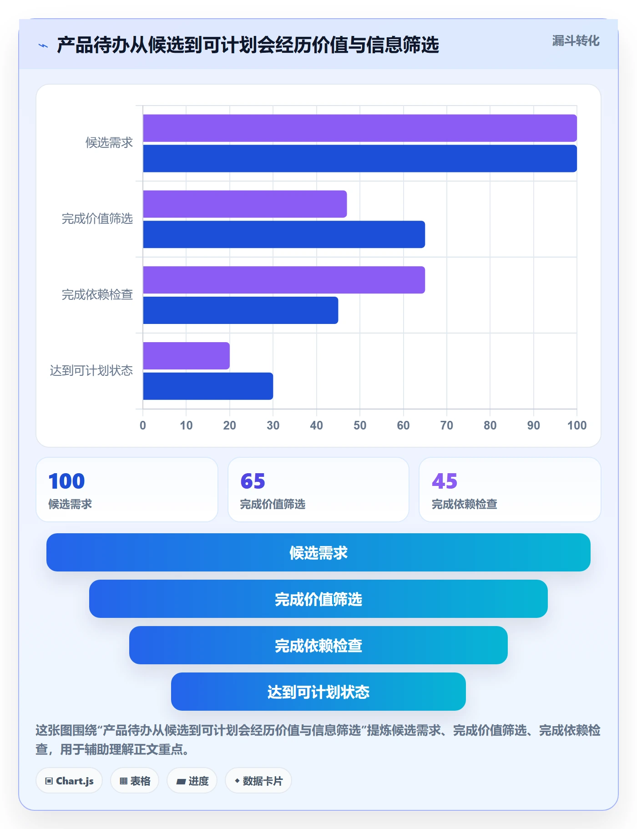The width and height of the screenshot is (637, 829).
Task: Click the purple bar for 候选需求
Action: pyautogui.click(x=360, y=128)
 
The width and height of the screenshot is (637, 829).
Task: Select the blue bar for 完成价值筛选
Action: pyautogui.click(x=284, y=234)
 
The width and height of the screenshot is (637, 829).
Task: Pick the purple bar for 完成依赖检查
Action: pyautogui.click(x=284, y=280)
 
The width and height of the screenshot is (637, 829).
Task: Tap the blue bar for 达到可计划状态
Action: pyautogui.click(x=208, y=386)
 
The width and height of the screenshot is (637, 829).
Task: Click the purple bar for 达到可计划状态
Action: pyautogui.click(x=186, y=356)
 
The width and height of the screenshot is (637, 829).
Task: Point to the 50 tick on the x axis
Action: pyautogui.click(x=360, y=425)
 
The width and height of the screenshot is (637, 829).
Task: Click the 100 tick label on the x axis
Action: pyautogui.click(x=577, y=425)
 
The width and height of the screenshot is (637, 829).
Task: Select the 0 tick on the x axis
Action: pyautogui.click(x=143, y=425)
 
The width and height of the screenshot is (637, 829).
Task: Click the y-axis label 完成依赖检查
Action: pyautogui.click(x=97, y=295)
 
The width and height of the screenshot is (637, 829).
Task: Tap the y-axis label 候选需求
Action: pyautogui.click(x=109, y=143)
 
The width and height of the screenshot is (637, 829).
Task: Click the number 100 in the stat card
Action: pyautogui.click(x=67, y=481)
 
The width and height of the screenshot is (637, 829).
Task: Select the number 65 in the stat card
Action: pyautogui.click(x=253, y=481)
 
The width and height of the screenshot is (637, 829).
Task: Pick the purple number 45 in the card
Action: pyautogui.click(x=445, y=481)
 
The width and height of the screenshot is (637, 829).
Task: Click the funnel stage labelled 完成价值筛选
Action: pyautogui.click(x=318, y=599)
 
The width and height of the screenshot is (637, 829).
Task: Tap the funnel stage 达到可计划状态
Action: pyautogui.click(x=318, y=692)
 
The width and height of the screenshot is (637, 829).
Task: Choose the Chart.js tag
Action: pyautogui.click(x=69, y=781)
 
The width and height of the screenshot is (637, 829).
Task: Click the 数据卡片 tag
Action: pyautogui.click(x=258, y=781)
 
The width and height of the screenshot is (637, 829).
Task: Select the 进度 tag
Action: pyautogui.click(x=192, y=781)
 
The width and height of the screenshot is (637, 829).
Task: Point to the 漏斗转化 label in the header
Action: pyautogui.click(x=576, y=41)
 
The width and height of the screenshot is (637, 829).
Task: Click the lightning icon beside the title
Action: pyautogui.click(x=43, y=45)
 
